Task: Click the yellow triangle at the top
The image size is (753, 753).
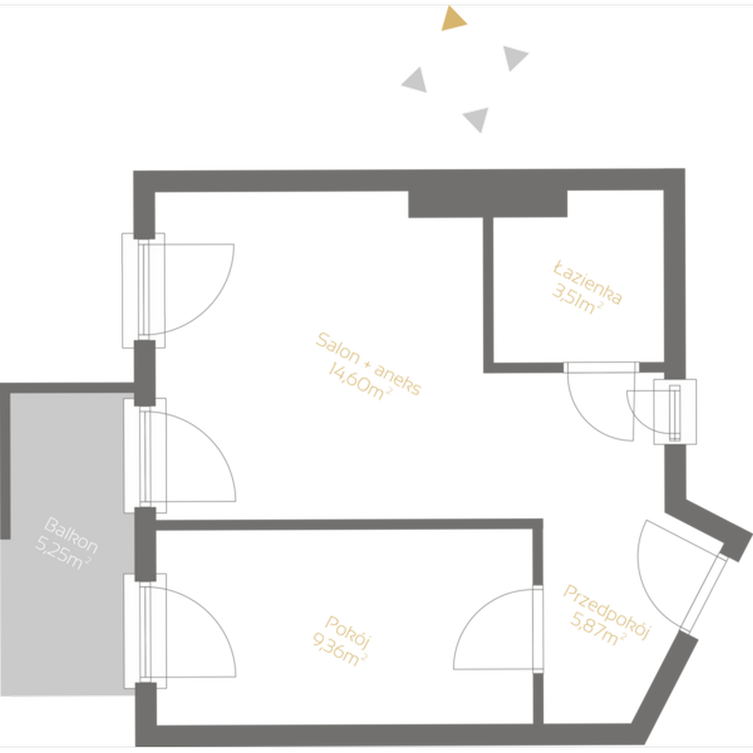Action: tap(453, 20)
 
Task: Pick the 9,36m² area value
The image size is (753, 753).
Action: tap(339, 651)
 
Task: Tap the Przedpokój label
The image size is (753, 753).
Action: tap(606, 612)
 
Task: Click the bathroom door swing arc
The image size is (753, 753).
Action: tap(595, 410)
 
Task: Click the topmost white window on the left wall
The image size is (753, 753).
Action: tap(143, 290)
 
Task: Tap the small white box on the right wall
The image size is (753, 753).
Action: tap(675, 411)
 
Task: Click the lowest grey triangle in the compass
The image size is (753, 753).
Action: tap(477, 119)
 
